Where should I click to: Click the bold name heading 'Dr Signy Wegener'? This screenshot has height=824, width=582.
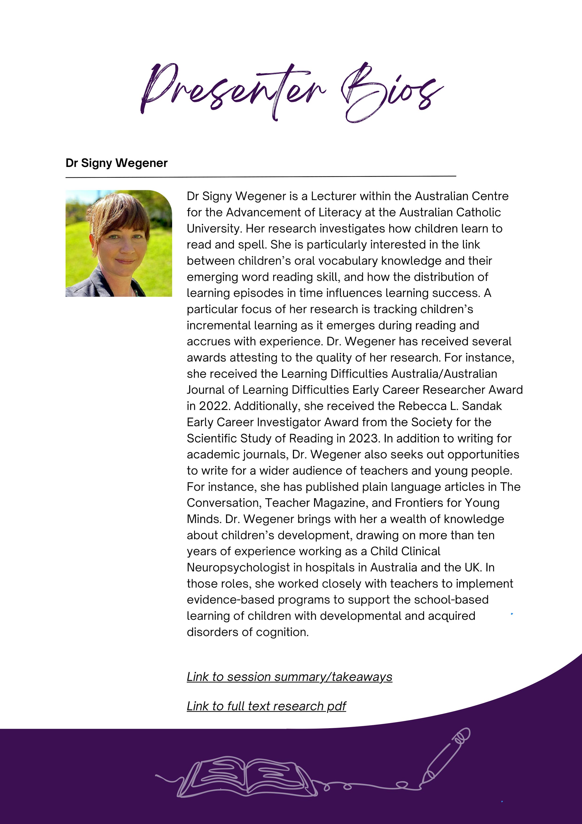pos(117,163)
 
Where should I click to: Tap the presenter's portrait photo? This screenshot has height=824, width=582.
pos(119,243)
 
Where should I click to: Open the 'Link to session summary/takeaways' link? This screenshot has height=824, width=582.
pos(289,677)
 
